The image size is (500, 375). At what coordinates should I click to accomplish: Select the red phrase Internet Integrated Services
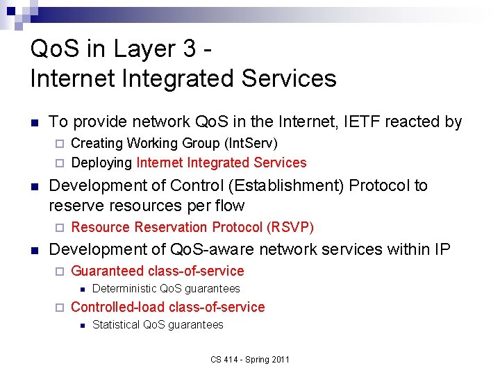[x=222, y=163]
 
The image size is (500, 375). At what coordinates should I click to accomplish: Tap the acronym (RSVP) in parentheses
[x=292, y=228]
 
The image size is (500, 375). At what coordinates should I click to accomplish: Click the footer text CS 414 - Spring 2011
[x=250, y=359]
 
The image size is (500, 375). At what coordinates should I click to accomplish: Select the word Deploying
[x=101, y=163]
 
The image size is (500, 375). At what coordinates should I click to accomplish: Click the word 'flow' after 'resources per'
[x=229, y=206]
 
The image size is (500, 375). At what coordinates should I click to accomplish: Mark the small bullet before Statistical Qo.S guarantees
[x=81, y=325]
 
